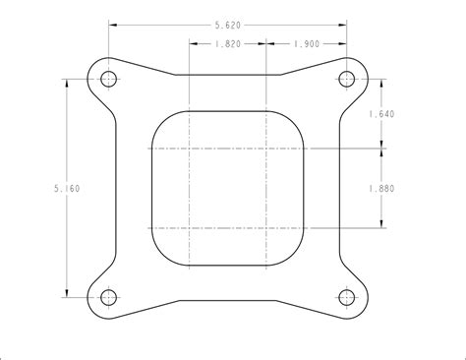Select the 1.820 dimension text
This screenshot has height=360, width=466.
pyautogui.click(x=226, y=44)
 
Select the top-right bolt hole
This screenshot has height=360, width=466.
pyautogui.click(x=345, y=78)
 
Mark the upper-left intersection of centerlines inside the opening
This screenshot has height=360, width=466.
pyautogui.click(x=188, y=149)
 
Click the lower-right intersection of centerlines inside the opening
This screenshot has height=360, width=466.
pyautogui.click(x=266, y=227)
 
